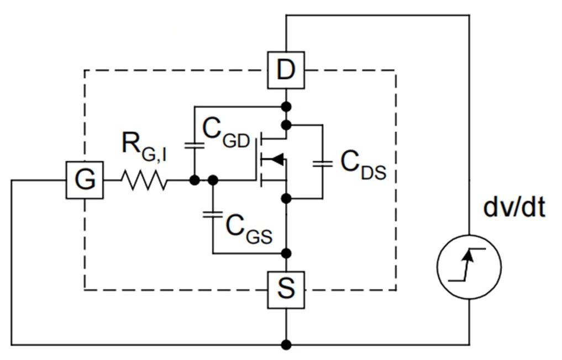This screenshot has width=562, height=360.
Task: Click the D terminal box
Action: tap(286, 70)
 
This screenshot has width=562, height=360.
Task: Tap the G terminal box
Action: tap(85, 180)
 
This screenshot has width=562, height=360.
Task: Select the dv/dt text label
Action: tap(514, 207)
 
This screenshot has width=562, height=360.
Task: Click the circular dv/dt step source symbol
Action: tap(469, 267)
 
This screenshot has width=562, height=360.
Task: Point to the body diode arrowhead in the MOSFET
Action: tap(278, 160)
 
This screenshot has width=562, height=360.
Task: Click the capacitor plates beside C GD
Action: tap(194, 145)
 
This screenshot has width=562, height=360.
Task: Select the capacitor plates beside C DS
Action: tap(322, 163)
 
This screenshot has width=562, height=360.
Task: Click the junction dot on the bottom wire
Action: tap(286, 345)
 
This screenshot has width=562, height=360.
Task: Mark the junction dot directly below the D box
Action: tap(286, 105)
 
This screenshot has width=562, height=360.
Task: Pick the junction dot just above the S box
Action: tap(286, 253)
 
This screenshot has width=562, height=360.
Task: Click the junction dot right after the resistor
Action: tap(194, 180)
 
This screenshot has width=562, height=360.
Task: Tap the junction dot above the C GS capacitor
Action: tap(213, 180)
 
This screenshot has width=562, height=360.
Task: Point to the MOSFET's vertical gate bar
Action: tap(257, 160)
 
